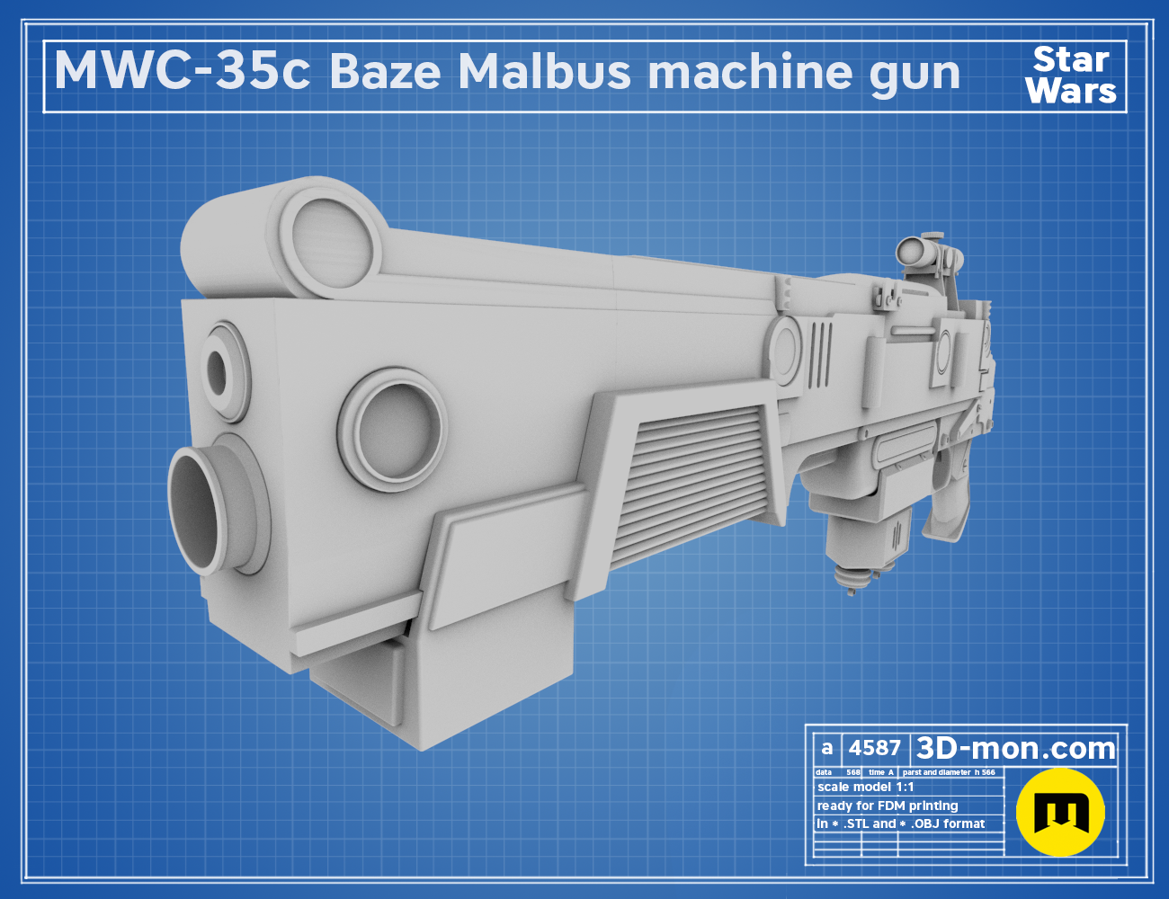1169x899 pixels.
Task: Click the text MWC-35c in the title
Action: click(x=183, y=72)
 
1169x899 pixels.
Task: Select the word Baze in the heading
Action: click(x=385, y=72)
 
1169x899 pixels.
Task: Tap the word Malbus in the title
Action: click(x=544, y=72)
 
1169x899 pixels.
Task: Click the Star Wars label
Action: click(x=1071, y=76)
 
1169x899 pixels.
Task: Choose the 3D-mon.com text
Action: click(x=1015, y=748)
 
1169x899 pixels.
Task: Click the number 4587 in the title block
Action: click(x=874, y=748)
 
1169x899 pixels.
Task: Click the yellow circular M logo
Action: click(x=1060, y=812)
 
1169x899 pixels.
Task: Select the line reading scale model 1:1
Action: click(x=866, y=788)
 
